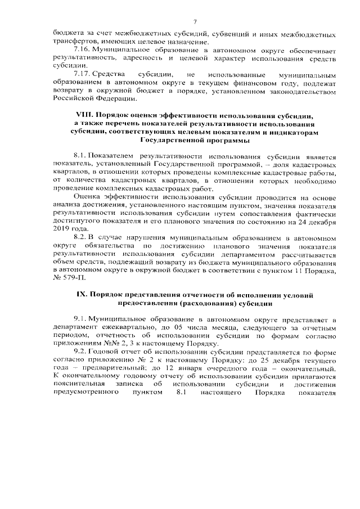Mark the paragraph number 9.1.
[80, 318]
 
